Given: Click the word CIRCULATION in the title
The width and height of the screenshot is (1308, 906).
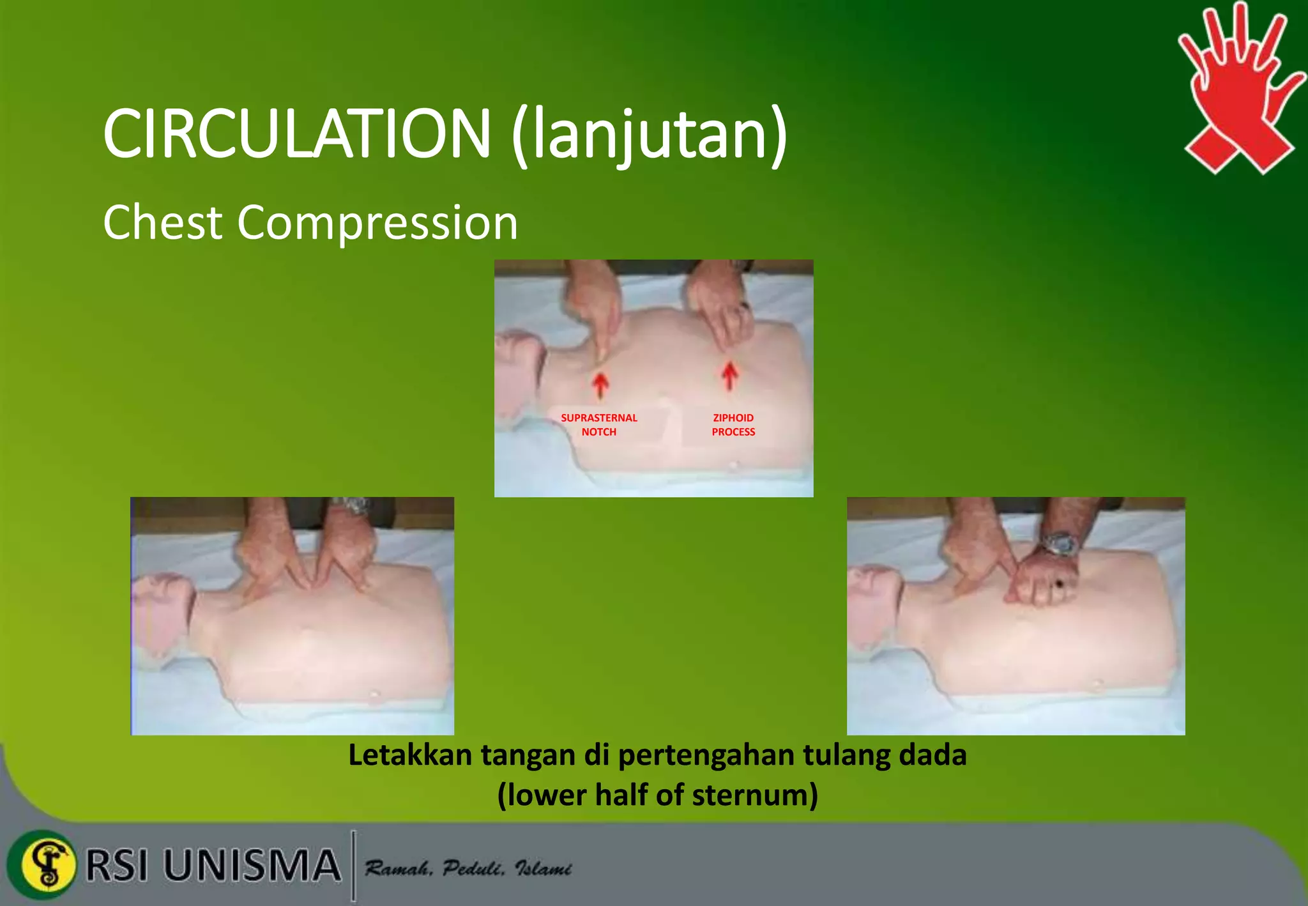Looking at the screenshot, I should coord(296,134).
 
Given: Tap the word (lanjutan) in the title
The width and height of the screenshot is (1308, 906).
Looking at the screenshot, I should coord(649,135).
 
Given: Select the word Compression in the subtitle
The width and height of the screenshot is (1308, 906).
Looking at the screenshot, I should coord(377,222).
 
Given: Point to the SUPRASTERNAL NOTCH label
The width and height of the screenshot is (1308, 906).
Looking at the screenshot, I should coord(598,424).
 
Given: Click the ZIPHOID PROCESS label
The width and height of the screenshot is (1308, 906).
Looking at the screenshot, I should coord(733,424).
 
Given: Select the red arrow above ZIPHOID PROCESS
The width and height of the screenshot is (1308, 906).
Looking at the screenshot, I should coord(730,376).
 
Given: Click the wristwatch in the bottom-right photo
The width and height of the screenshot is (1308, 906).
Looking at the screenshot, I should coord(1061,544).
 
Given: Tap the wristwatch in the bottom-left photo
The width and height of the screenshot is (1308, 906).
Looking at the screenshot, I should coord(352,507).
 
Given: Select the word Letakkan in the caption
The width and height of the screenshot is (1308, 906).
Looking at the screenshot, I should coord(410,755).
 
